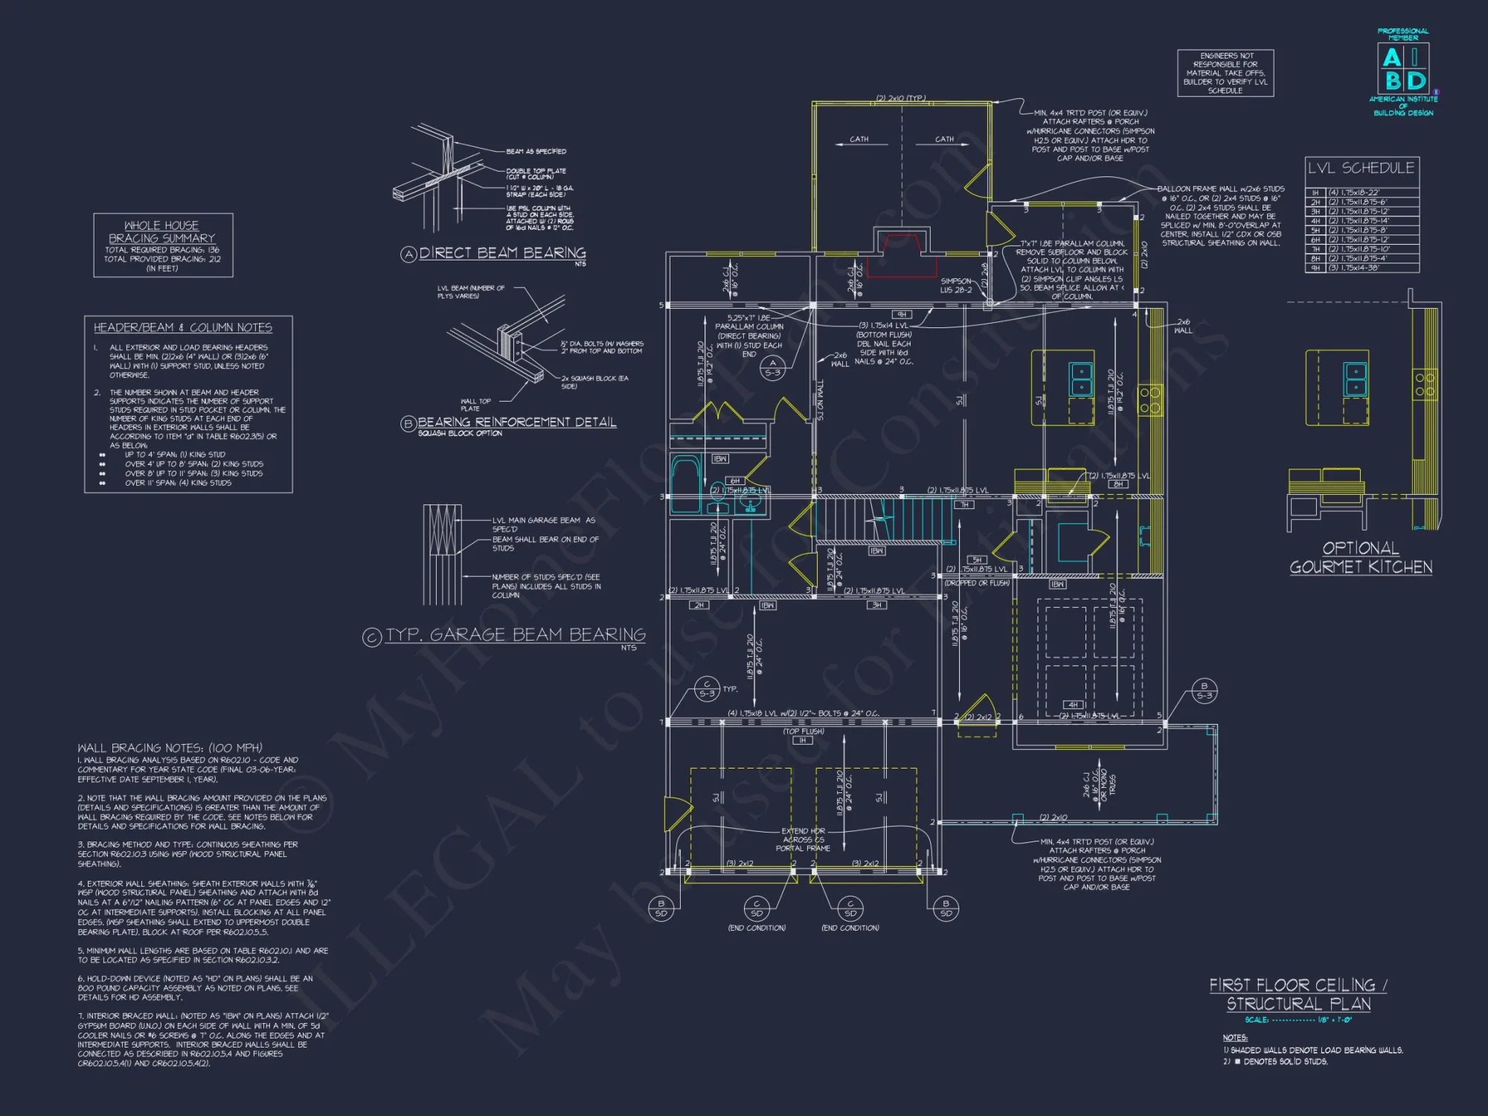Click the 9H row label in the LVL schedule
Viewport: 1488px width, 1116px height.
click(1315, 268)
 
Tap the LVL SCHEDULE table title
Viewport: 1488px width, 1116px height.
click(1361, 168)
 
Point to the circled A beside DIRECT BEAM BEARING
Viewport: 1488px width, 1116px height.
click(408, 254)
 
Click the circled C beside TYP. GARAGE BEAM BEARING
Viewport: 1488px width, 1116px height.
click(371, 637)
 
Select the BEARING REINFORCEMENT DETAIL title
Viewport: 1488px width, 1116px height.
click(516, 422)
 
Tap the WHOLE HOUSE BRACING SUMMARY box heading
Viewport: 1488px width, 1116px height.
click(161, 231)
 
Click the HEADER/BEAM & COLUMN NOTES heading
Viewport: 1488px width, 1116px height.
click(182, 327)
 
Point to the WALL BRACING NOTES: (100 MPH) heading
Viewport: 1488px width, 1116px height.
click(170, 748)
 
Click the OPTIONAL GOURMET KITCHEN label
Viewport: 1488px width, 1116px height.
click(1361, 558)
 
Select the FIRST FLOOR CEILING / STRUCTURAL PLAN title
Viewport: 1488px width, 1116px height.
click(1298, 994)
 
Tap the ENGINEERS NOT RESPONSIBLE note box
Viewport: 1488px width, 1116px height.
click(1225, 73)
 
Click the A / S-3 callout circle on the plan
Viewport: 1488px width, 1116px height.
click(772, 368)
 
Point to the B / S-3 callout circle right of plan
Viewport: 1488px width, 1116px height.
click(1205, 691)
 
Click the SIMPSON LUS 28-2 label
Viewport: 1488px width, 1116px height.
click(956, 286)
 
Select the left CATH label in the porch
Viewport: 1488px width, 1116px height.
click(859, 139)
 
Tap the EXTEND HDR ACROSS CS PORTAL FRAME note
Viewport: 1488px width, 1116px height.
click(803, 839)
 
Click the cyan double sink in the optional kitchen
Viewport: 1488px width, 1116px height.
click(1356, 379)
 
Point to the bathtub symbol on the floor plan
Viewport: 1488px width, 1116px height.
click(685, 484)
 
